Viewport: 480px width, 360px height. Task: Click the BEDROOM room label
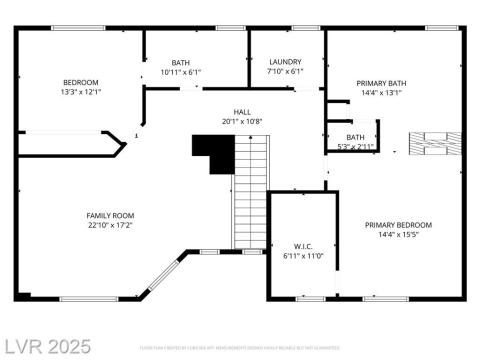(80, 82)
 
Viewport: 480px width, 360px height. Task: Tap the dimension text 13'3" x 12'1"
(80, 92)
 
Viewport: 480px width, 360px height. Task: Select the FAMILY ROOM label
(110, 215)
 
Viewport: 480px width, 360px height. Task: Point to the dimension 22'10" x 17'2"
(110, 226)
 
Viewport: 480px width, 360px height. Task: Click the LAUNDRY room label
(284, 62)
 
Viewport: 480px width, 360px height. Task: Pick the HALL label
(242, 112)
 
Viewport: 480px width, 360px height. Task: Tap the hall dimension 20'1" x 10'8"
(242, 122)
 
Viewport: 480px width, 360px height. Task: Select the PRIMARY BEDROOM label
(398, 224)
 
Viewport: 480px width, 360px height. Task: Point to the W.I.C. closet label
(304, 246)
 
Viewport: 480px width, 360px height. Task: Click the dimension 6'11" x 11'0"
(304, 256)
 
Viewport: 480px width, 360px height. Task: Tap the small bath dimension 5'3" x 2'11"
(355, 146)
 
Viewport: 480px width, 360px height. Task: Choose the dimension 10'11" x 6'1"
(181, 72)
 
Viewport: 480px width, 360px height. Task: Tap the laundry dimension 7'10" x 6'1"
(284, 72)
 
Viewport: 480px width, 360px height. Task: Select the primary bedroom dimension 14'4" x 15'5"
(398, 235)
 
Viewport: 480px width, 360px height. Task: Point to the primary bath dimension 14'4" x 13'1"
(381, 93)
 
